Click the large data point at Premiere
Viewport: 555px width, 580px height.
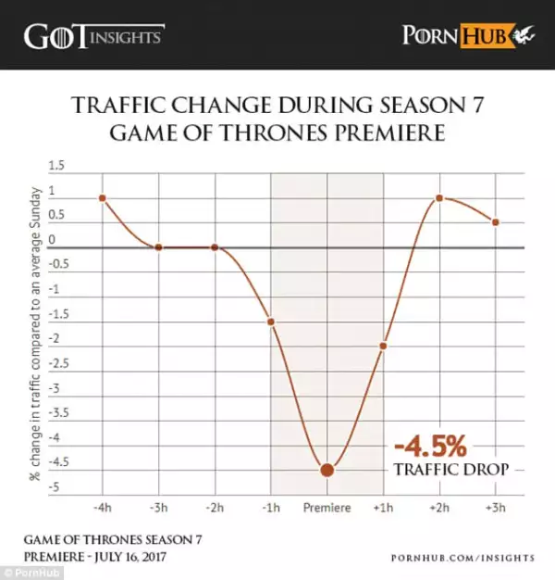pos(327,469)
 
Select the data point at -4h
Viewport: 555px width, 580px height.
pos(102,198)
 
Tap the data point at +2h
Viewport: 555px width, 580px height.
pos(439,198)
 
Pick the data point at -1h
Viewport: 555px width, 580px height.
pos(271,322)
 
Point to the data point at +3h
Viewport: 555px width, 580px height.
pos(496,222)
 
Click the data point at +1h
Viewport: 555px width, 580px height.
pos(383,346)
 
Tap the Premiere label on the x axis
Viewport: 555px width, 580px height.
pos(327,508)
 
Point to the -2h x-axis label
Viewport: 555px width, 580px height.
pos(215,508)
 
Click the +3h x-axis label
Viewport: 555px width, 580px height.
pos(496,508)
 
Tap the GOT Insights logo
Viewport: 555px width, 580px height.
pos(93,36)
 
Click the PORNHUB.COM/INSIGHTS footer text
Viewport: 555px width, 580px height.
pos(462,557)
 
